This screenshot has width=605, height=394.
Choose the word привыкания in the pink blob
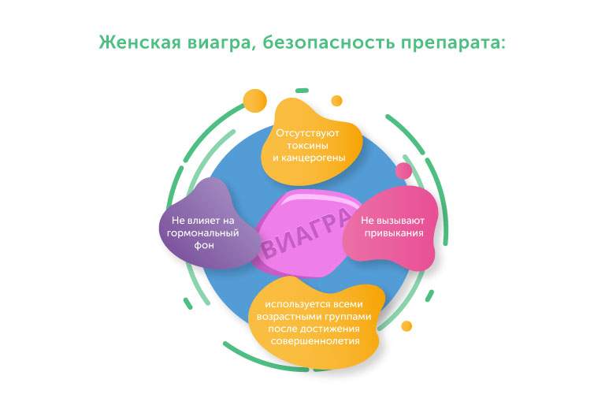click(x=393, y=232)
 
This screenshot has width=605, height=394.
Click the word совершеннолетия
click(x=315, y=341)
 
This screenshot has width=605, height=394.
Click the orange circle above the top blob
click(x=255, y=101)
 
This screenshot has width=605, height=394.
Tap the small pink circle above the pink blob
click(x=403, y=171)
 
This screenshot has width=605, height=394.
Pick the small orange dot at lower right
click(x=406, y=325)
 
